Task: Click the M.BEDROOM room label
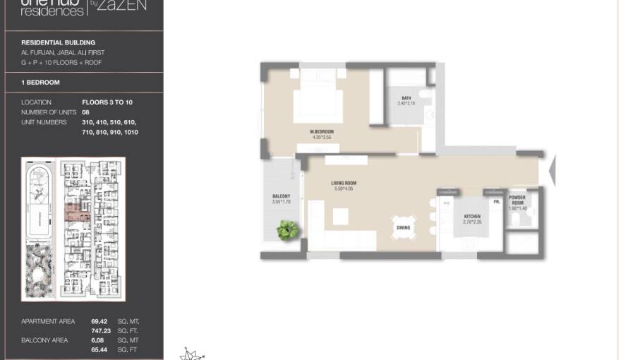click(321, 132)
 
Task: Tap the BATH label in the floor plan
click(406, 99)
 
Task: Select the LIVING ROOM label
click(344, 184)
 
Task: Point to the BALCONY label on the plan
click(282, 196)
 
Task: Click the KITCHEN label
click(472, 217)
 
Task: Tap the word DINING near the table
click(403, 227)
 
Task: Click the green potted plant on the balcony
click(287, 230)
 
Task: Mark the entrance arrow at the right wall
click(552, 171)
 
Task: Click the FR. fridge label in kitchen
click(497, 202)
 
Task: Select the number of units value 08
click(86, 112)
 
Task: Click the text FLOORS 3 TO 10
click(107, 102)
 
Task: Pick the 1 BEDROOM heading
click(40, 83)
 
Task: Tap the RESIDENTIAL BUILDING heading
click(58, 42)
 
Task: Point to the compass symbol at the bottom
click(191, 354)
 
